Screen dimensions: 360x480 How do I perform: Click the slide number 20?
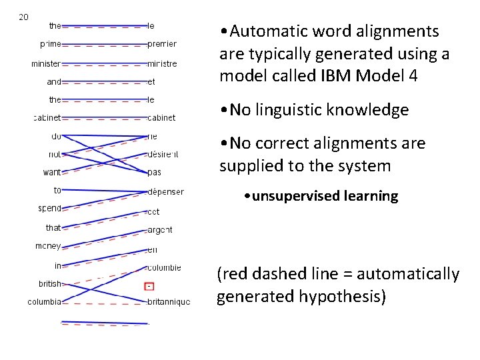(x=23, y=17)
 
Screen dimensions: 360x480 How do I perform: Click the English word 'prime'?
(x=51, y=44)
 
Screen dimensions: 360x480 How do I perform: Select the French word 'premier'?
(x=163, y=44)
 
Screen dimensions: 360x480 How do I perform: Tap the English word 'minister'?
(x=46, y=64)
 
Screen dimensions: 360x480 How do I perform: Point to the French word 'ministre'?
(x=163, y=64)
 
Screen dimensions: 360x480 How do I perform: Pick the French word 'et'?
(x=151, y=82)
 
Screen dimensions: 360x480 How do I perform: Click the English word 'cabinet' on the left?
(x=47, y=118)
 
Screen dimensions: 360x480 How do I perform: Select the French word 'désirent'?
(x=164, y=155)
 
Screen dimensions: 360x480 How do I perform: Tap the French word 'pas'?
(x=155, y=172)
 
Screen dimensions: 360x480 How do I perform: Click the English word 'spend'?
(x=50, y=208)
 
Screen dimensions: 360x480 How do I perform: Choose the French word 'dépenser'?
(x=166, y=192)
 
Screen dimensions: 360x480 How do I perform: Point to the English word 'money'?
(x=48, y=246)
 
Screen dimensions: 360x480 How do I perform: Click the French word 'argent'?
(x=160, y=229)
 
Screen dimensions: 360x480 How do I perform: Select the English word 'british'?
(x=50, y=283)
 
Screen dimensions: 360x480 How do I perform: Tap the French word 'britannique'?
(x=169, y=302)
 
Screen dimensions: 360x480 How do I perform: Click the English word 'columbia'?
(x=45, y=302)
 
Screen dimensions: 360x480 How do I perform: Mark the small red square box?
(x=150, y=287)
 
